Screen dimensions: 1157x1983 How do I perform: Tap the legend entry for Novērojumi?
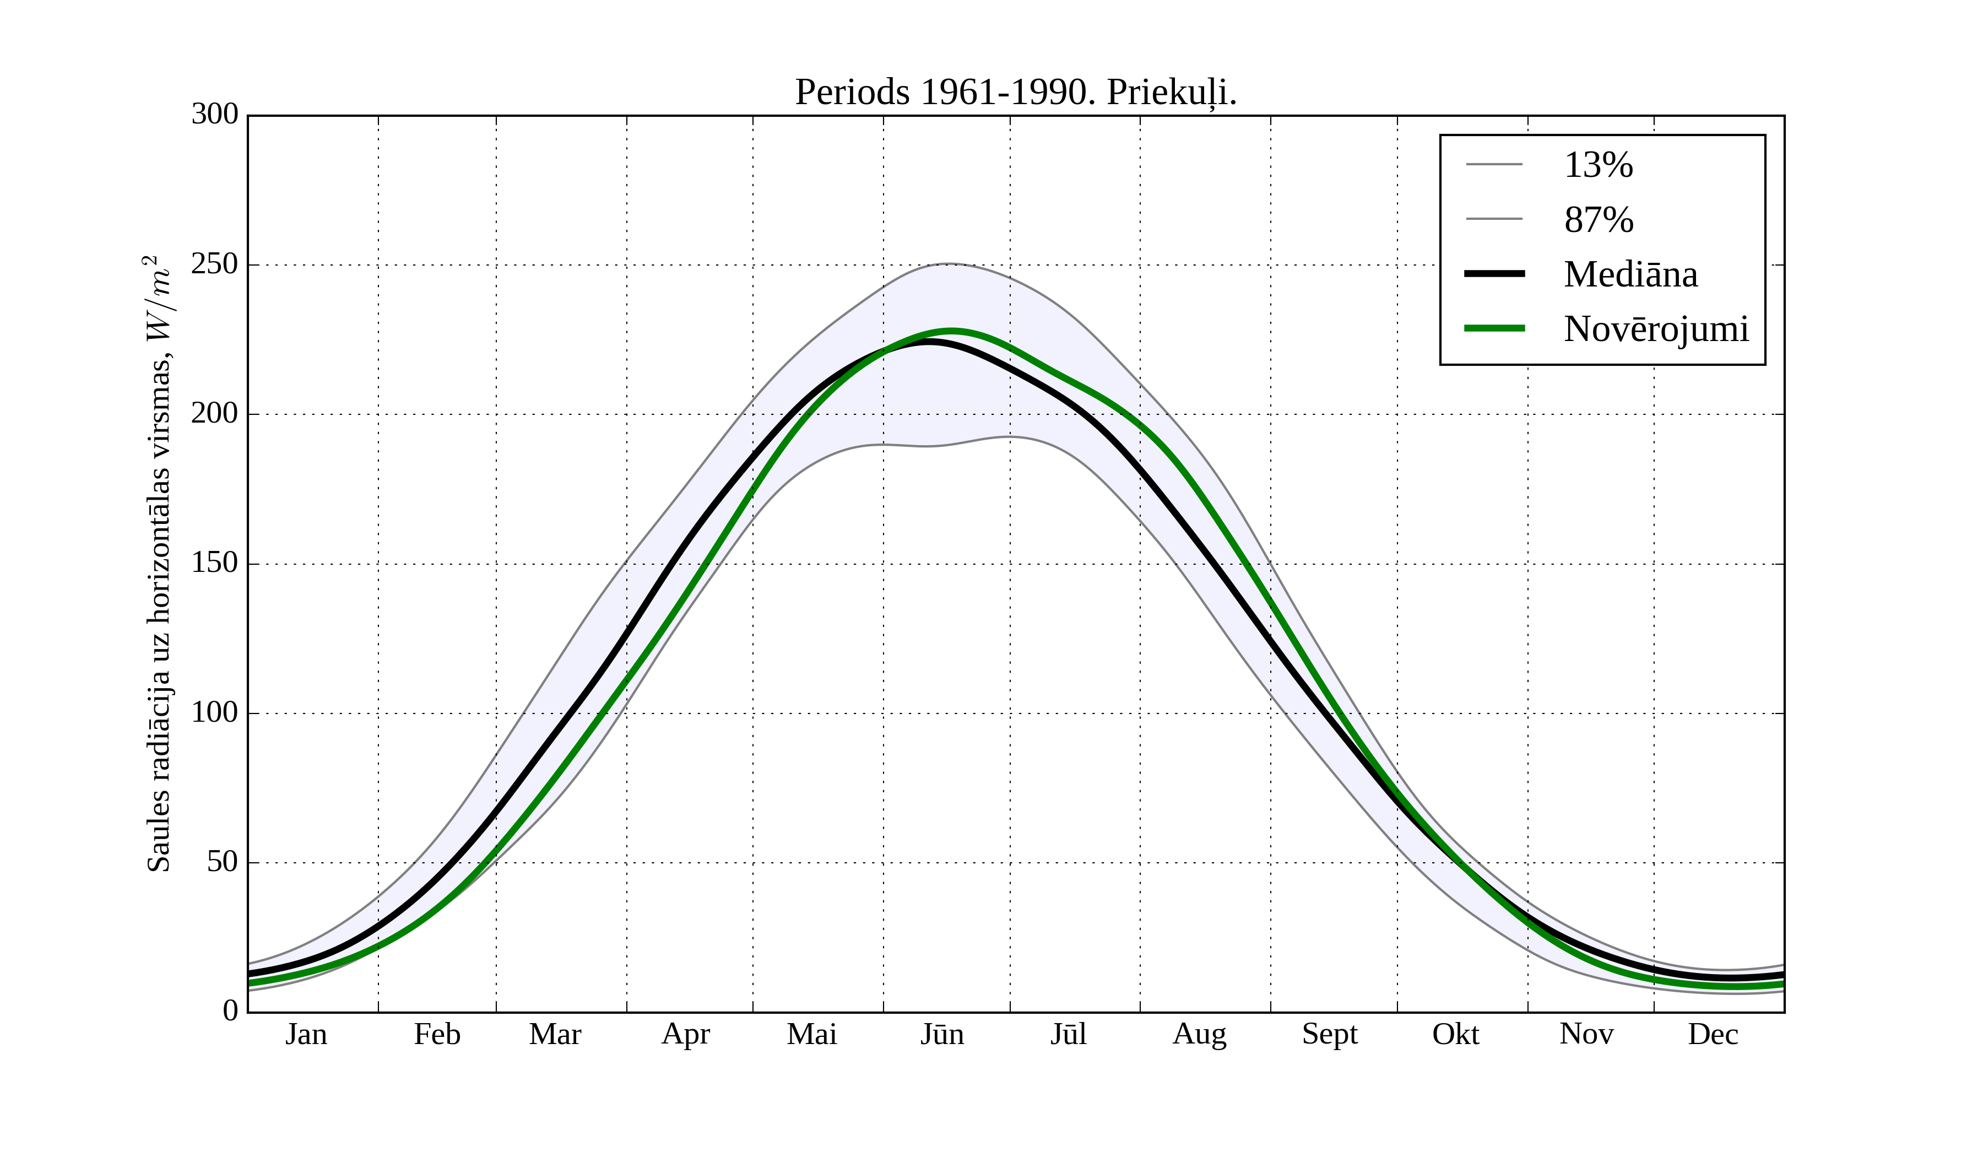[1656, 329]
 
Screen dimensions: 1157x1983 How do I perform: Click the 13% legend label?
[1598, 165]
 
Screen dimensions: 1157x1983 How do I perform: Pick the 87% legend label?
[1598, 220]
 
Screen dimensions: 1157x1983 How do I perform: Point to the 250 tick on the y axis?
[215, 264]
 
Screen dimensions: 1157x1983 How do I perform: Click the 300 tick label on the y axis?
[215, 114]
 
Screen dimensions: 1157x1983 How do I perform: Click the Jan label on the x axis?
[306, 1034]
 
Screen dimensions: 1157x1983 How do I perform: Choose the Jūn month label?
[942, 1034]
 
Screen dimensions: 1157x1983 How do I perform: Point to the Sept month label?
[1330, 1034]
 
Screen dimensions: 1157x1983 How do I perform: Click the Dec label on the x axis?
[1713, 1034]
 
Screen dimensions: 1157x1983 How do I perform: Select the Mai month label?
[811, 1034]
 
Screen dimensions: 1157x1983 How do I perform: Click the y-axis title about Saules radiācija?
[159, 564]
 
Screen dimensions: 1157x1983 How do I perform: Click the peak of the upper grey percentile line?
[948, 264]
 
